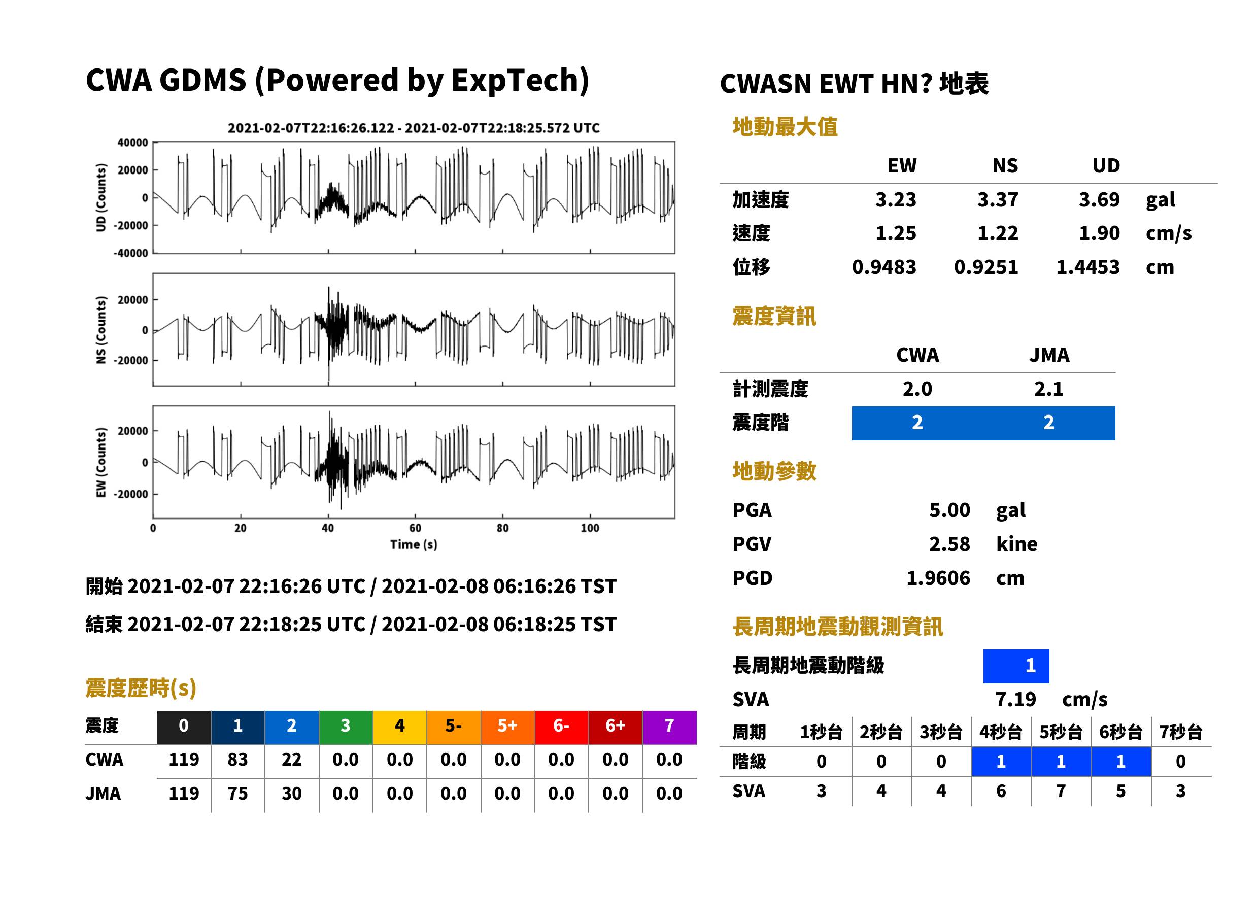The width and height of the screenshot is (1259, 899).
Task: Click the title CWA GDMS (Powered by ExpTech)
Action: (x=337, y=81)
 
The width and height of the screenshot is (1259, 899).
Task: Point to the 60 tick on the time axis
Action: (x=415, y=528)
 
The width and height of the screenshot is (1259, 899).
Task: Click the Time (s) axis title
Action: (x=414, y=545)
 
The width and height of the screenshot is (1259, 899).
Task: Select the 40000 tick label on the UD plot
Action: (x=132, y=143)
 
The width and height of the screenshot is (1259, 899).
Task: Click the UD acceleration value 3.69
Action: (x=1099, y=199)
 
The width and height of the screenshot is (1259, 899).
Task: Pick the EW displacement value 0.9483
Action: (x=884, y=267)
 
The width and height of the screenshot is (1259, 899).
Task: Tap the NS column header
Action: (x=1005, y=166)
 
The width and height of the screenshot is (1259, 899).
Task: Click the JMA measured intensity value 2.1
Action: (x=1048, y=389)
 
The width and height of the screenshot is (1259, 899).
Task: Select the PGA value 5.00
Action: (x=949, y=510)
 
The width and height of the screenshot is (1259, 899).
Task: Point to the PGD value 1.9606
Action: (x=938, y=578)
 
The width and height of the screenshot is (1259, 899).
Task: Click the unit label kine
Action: (x=1016, y=544)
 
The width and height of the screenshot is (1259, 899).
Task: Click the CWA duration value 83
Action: (x=237, y=759)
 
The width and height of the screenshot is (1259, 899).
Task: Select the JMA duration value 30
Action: (x=292, y=794)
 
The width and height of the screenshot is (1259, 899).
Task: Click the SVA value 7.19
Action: (x=1015, y=700)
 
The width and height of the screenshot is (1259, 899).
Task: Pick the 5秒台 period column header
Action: (x=1061, y=733)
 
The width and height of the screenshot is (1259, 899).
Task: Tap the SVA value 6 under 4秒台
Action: (x=1001, y=791)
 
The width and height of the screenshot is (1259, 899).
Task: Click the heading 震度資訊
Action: (x=774, y=317)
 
